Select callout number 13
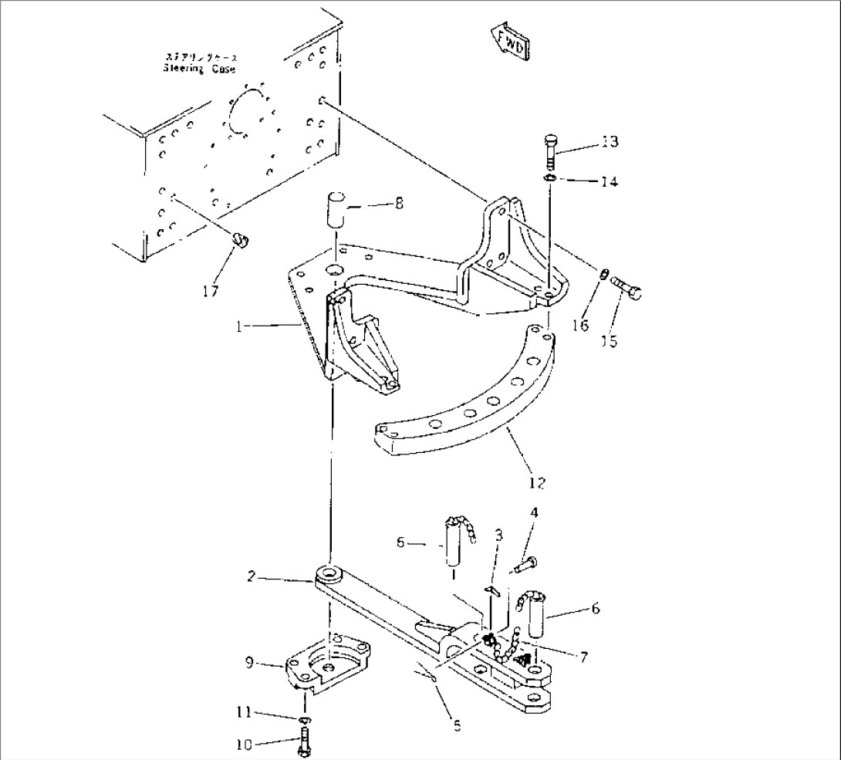point(610,142)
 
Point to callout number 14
point(610,182)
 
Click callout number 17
point(211,291)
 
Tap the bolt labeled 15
point(627,291)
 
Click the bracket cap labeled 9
point(328,665)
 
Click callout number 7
point(584,657)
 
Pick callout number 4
point(534,512)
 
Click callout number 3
point(499,534)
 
